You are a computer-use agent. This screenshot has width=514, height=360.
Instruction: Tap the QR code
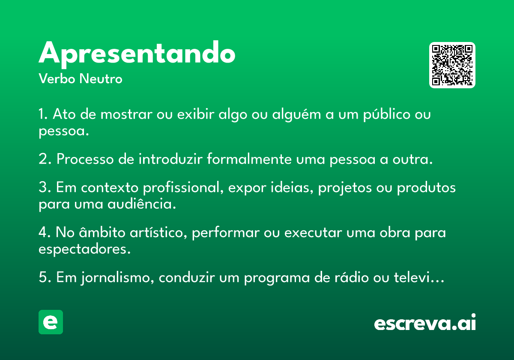(x=452, y=65)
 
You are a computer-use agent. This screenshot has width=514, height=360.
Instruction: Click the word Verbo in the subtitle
(x=57, y=78)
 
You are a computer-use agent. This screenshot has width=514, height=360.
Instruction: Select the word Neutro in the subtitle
(x=101, y=78)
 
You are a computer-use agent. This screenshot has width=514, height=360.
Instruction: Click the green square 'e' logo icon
(x=51, y=322)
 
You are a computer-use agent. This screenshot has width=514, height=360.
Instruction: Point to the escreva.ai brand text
(x=425, y=322)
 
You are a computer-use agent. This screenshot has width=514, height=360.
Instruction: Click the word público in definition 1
(x=387, y=114)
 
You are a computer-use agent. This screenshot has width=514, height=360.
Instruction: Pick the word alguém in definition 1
(x=296, y=114)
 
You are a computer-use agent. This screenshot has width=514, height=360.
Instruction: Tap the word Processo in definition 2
(x=85, y=159)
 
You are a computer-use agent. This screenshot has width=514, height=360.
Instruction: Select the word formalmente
(x=249, y=159)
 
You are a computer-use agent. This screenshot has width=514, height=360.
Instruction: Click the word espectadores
(x=84, y=249)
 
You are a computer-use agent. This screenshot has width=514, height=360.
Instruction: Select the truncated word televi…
(x=419, y=277)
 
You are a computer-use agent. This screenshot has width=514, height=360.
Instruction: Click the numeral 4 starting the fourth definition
(x=43, y=232)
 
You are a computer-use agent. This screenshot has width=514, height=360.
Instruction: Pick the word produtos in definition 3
(x=426, y=187)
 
